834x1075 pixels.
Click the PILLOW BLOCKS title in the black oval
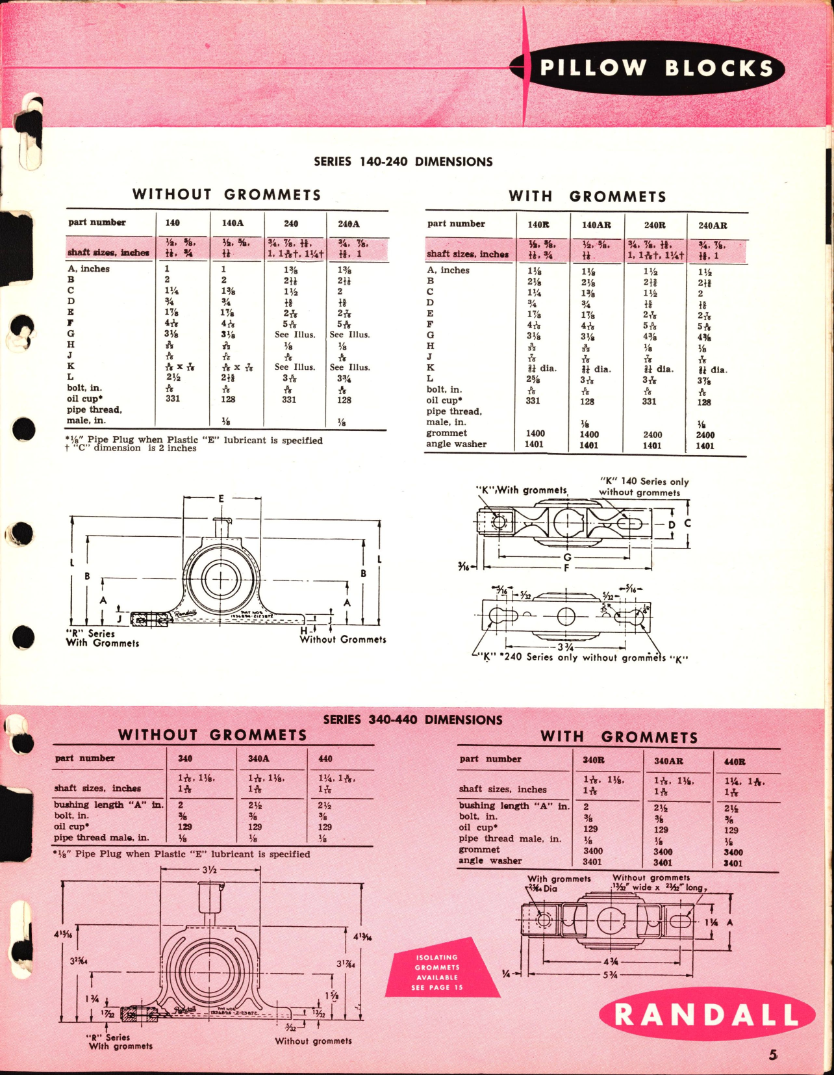click(656, 68)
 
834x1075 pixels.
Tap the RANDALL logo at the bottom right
click(707, 1015)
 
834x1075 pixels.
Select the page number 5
click(773, 1056)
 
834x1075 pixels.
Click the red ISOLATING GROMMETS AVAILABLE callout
click(437, 972)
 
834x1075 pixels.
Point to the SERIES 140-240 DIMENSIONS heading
click(403, 162)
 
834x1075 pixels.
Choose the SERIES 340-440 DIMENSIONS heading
click(412, 720)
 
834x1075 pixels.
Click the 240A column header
click(349, 224)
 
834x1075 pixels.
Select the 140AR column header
click(596, 225)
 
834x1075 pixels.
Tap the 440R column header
click(735, 762)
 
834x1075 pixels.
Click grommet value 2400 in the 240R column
click(652, 435)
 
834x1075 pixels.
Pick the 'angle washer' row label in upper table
click(456, 444)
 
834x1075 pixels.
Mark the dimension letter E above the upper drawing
click(221, 499)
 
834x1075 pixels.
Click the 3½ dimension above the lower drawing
click(209, 870)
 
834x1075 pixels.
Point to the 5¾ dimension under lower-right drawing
click(610, 975)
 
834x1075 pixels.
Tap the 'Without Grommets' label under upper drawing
click(343, 640)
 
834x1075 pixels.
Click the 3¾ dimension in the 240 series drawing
click(565, 647)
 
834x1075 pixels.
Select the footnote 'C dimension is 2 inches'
click(131, 448)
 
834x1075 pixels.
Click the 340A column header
click(259, 758)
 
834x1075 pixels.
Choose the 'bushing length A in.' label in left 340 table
click(108, 805)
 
